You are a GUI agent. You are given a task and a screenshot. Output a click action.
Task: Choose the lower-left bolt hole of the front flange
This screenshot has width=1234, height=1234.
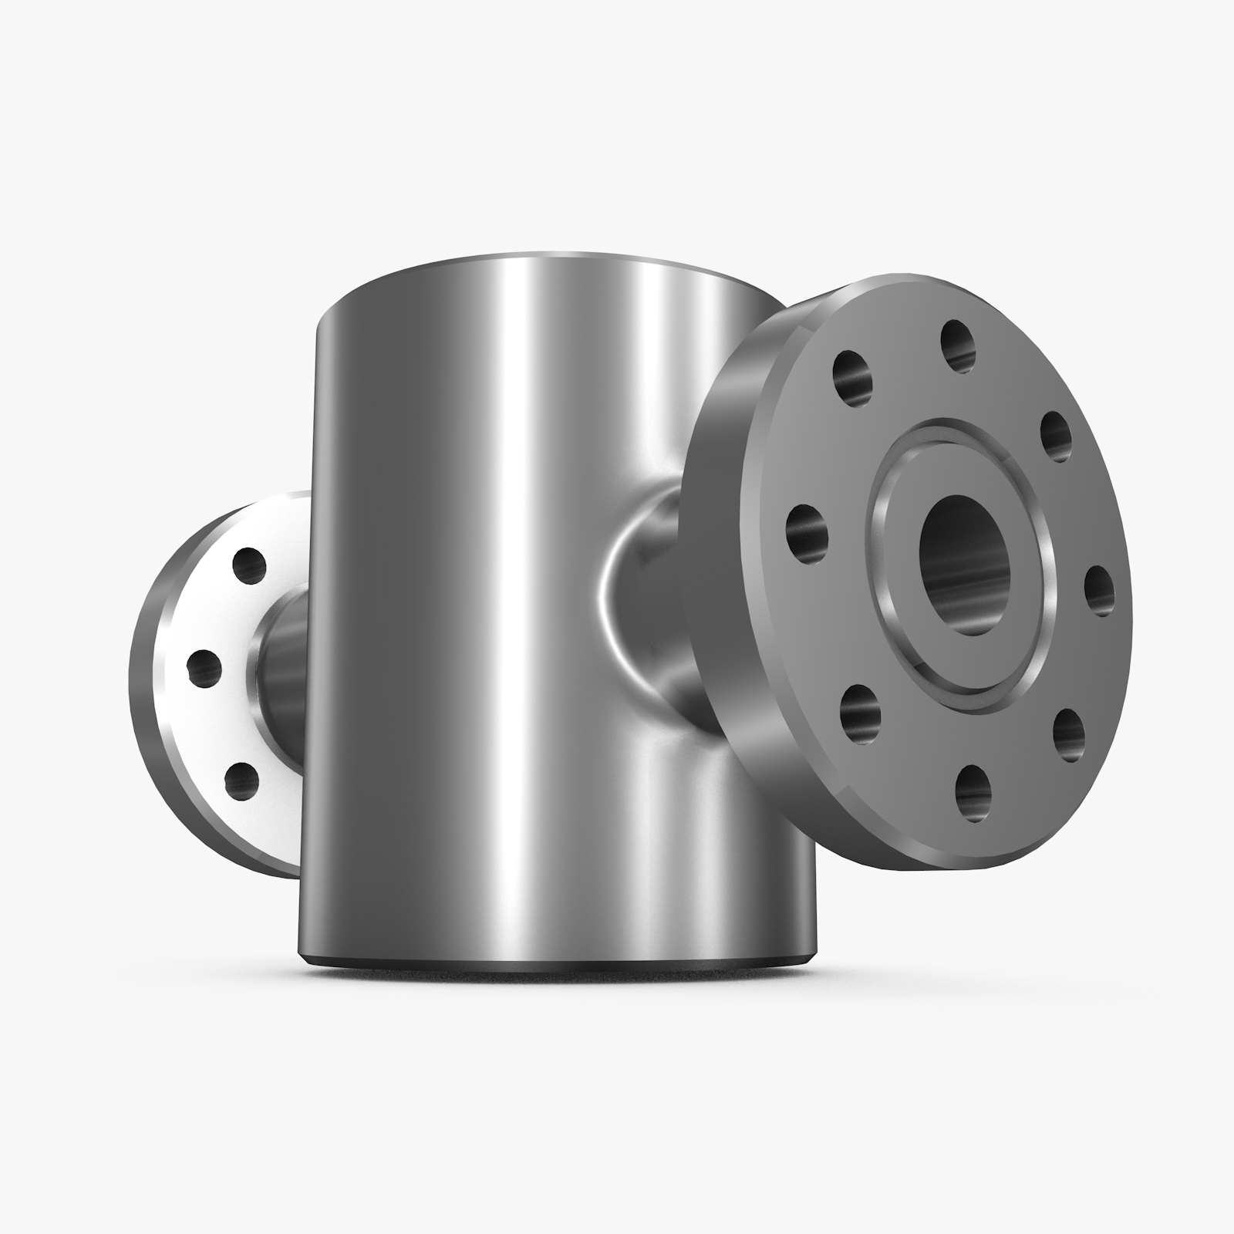pyautogui.click(x=858, y=710)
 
